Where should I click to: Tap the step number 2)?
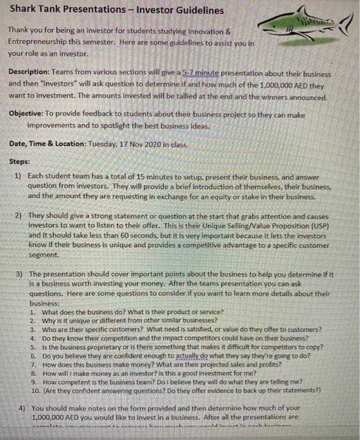point(18,215)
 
